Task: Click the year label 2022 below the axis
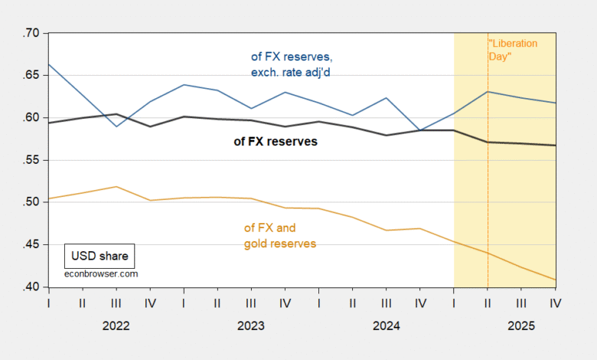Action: (x=116, y=325)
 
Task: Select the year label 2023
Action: (x=250, y=325)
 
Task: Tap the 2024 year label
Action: (x=386, y=325)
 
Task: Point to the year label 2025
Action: (x=521, y=325)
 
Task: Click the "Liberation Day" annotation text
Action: (x=513, y=50)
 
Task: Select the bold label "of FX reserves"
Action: (x=275, y=142)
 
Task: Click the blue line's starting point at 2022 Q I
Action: (x=48, y=64)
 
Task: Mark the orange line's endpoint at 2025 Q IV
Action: (x=555, y=280)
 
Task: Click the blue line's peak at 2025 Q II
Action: (x=488, y=92)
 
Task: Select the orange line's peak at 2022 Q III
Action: (x=116, y=187)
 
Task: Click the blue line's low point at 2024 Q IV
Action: (x=420, y=131)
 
